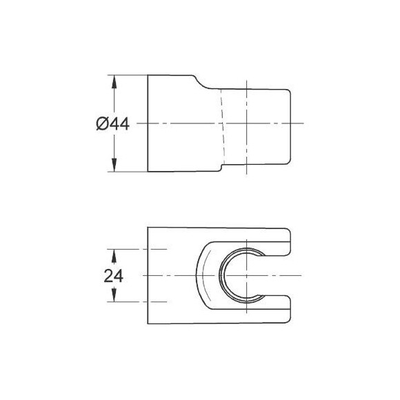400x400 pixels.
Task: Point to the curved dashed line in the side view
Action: point(221,124)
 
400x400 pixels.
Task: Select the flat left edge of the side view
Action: point(148,123)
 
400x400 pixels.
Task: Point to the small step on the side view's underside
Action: point(221,167)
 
